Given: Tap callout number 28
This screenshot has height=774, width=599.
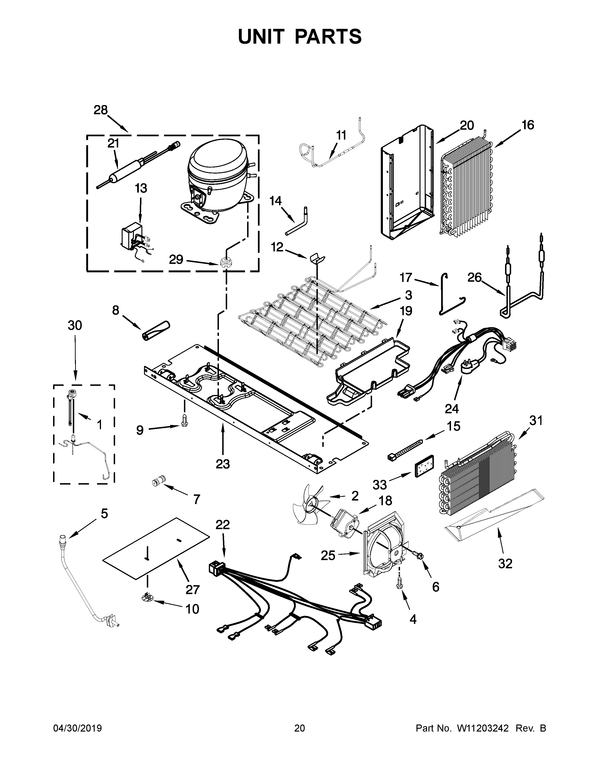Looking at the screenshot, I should click(101, 110).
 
